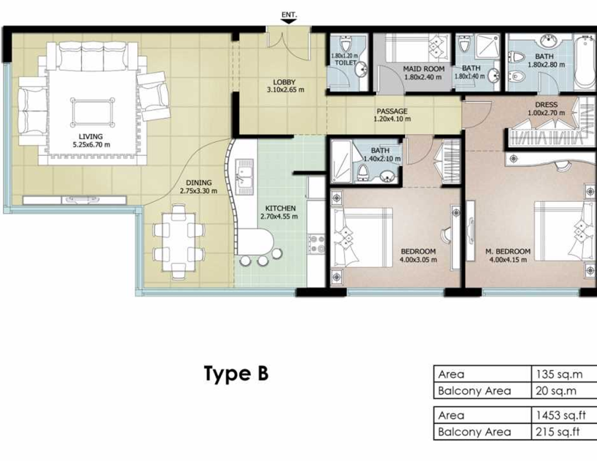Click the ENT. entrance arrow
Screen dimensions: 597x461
[289, 22]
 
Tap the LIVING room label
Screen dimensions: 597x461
[90, 137]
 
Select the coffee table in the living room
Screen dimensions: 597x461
[92, 112]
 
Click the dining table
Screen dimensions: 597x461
[178, 242]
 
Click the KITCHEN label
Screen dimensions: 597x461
[280, 208]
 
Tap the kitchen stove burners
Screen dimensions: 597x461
[317, 245]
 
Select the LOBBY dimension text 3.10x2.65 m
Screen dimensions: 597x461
[286, 90]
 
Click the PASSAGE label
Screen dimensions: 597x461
[392, 111]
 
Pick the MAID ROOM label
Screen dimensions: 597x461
[424, 69]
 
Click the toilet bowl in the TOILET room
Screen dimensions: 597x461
[345, 44]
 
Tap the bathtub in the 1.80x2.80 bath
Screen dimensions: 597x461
[582, 62]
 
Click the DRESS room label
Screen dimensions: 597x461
[546, 104]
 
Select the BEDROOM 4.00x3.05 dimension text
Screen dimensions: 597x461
[418, 260]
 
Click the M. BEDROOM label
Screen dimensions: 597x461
[508, 252]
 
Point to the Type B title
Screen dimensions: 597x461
[237, 373]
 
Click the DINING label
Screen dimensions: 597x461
[199, 183]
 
